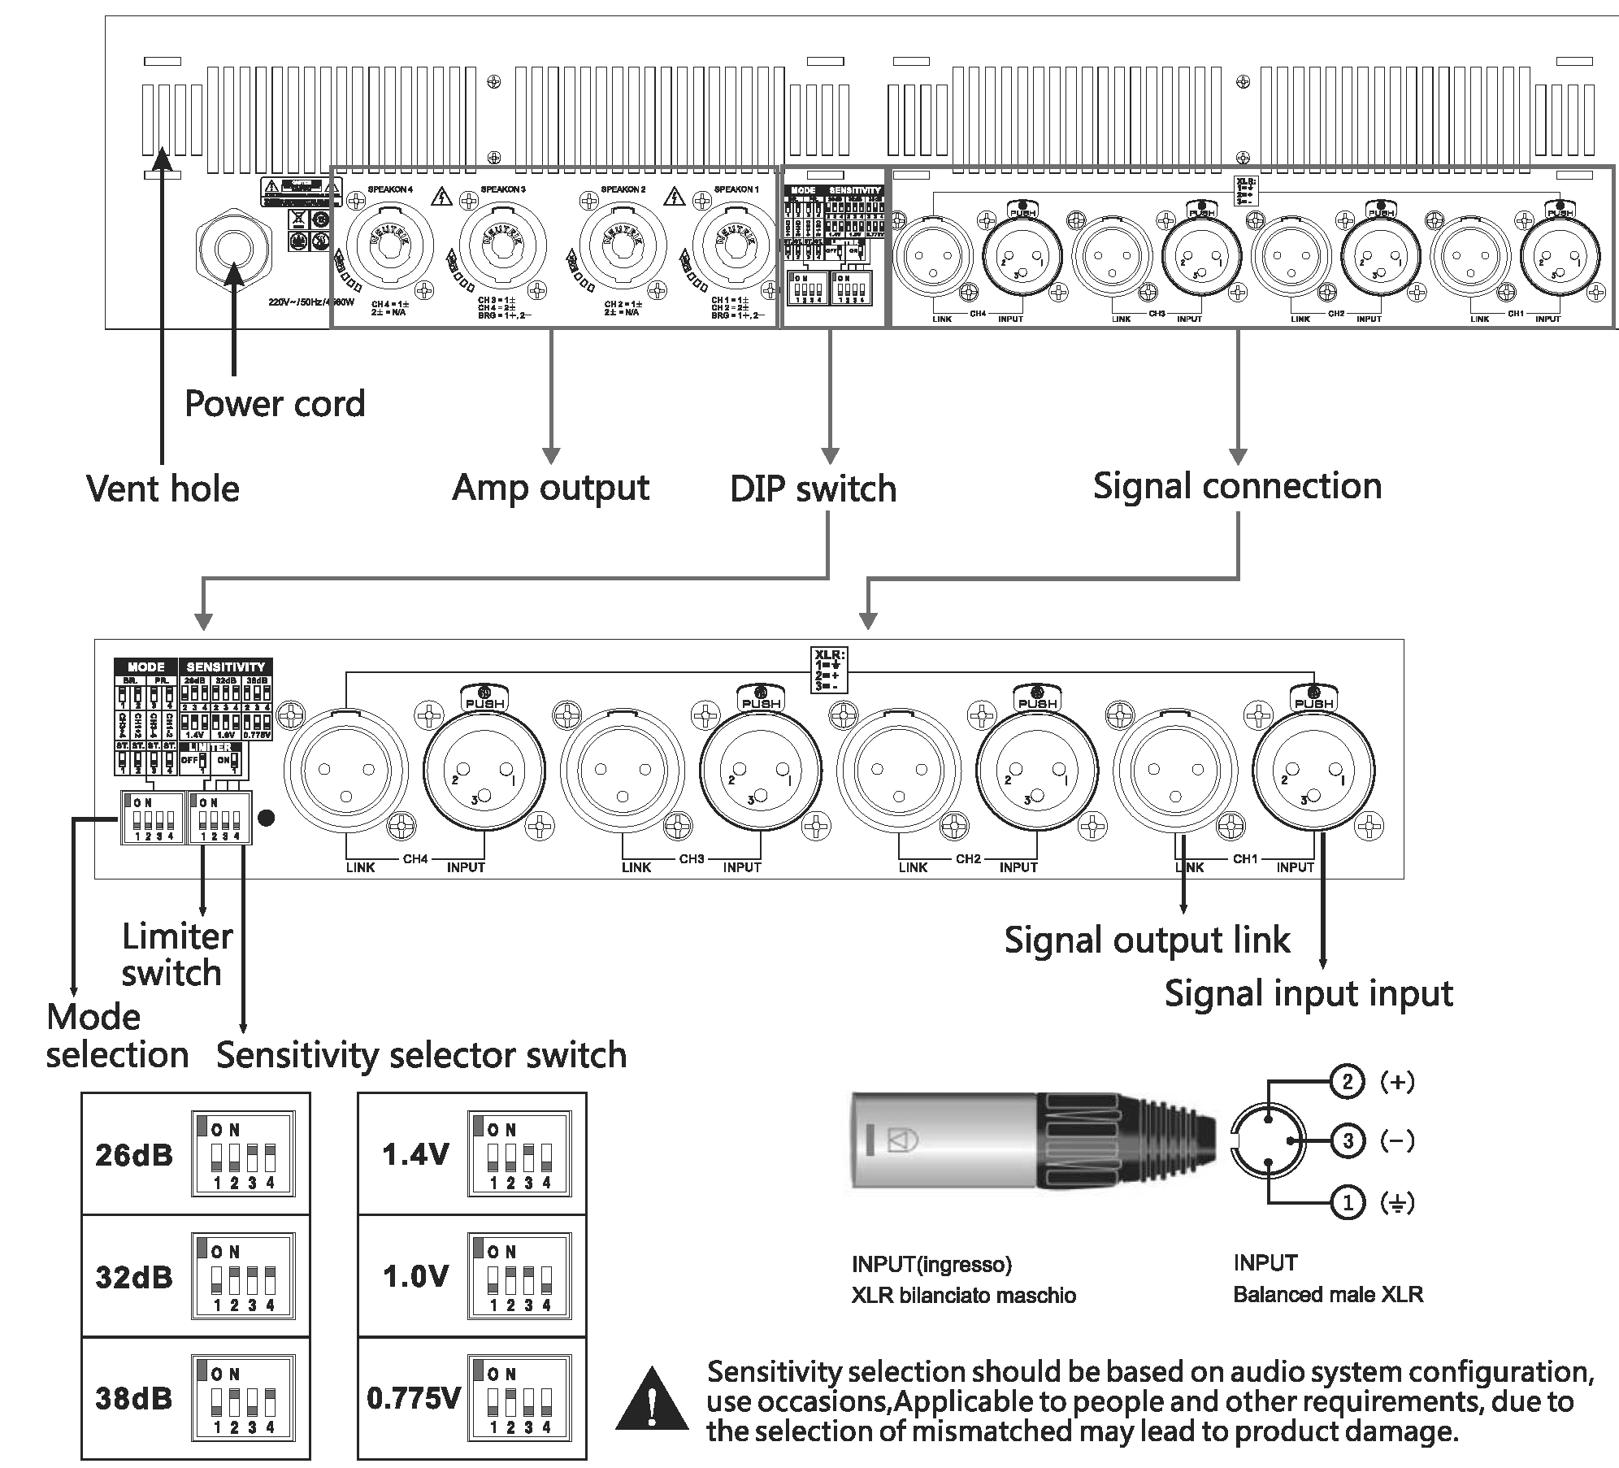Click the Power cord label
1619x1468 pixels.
275,404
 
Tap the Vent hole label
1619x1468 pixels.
163,489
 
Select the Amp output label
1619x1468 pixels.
550,488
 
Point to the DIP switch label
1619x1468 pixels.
813,489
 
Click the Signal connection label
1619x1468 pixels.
1237,486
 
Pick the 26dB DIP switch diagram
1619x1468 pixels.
243,1153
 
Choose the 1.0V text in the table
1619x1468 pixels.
415,1276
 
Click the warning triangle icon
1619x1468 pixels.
651,1400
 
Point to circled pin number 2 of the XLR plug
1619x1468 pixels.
1348,1081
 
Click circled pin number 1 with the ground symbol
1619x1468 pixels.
1348,1201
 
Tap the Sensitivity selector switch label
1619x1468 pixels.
421,1055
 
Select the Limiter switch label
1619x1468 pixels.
176,954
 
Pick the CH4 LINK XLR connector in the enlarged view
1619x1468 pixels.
346,771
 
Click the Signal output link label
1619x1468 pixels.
1147,940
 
